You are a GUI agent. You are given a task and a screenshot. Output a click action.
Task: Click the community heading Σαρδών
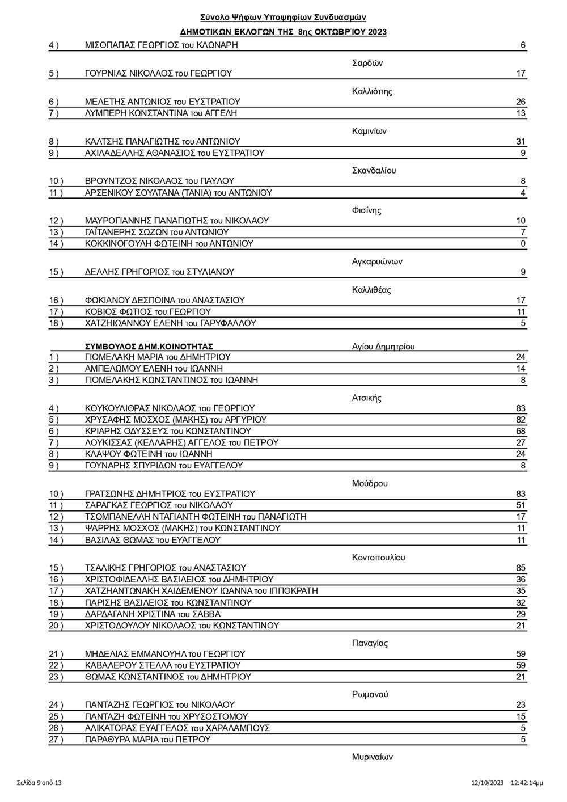pyautogui.click(x=367, y=63)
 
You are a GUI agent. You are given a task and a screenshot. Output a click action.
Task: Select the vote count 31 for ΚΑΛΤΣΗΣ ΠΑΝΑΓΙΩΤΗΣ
pyautogui.click(x=521, y=142)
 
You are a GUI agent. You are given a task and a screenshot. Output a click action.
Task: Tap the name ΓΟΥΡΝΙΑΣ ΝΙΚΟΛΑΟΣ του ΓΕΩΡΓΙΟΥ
pyautogui.click(x=158, y=74)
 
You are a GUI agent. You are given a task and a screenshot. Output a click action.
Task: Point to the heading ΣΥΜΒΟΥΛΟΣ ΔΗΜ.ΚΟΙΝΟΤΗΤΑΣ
pyautogui.click(x=149, y=347)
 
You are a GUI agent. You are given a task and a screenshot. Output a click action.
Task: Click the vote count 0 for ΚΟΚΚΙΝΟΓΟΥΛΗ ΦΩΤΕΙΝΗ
pyautogui.click(x=523, y=244)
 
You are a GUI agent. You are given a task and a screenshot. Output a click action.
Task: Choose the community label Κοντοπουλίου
pyautogui.click(x=379, y=558)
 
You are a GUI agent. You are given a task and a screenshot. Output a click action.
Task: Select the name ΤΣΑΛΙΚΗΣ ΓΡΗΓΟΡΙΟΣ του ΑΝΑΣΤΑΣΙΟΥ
pyautogui.click(x=166, y=568)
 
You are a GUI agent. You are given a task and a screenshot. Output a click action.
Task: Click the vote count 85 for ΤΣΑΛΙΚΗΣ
pyautogui.click(x=521, y=568)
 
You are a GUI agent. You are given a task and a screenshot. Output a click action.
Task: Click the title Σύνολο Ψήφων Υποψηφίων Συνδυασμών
pyautogui.click(x=286, y=18)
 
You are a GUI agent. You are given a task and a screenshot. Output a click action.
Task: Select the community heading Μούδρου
pyautogui.click(x=370, y=484)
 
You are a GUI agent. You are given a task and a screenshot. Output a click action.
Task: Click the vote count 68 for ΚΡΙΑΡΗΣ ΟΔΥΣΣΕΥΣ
pyautogui.click(x=521, y=432)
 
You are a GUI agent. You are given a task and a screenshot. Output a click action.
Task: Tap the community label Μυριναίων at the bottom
pyautogui.click(x=372, y=757)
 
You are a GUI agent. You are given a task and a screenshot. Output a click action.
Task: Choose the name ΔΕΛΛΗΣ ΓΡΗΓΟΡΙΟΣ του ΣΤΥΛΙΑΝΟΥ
pyautogui.click(x=159, y=272)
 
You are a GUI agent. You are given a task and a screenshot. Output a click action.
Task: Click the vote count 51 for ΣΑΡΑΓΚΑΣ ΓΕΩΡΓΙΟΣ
pyautogui.click(x=521, y=505)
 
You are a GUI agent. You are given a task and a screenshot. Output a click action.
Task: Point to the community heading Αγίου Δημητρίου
pyautogui.click(x=383, y=347)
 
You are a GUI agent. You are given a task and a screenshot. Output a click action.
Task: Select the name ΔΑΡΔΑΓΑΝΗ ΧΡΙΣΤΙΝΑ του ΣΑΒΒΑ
pyautogui.click(x=153, y=614)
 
